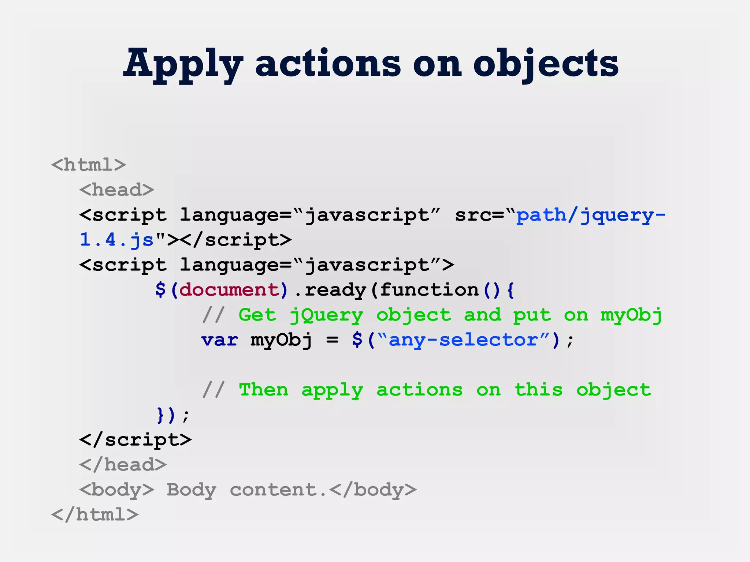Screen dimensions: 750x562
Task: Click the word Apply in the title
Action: [183, 64]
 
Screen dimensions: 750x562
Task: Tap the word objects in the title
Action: [546, 64]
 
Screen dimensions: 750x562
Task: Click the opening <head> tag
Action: [116, 190]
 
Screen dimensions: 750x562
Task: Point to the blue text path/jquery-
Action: [590, 215]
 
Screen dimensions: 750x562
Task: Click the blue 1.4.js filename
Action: [116, 240]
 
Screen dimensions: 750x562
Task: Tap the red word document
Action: [229, 290]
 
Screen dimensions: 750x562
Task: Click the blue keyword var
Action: [219, 340]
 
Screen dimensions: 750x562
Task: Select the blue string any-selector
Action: [463, 340]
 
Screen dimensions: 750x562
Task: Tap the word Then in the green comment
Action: [263, 390]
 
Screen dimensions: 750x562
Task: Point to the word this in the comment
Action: [538, 390]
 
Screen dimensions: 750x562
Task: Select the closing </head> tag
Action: [123, 465]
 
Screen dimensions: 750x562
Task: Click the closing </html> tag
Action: [95, 515]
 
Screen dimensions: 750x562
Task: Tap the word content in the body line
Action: [273, 490]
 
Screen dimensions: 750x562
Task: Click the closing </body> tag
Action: [373, 490]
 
